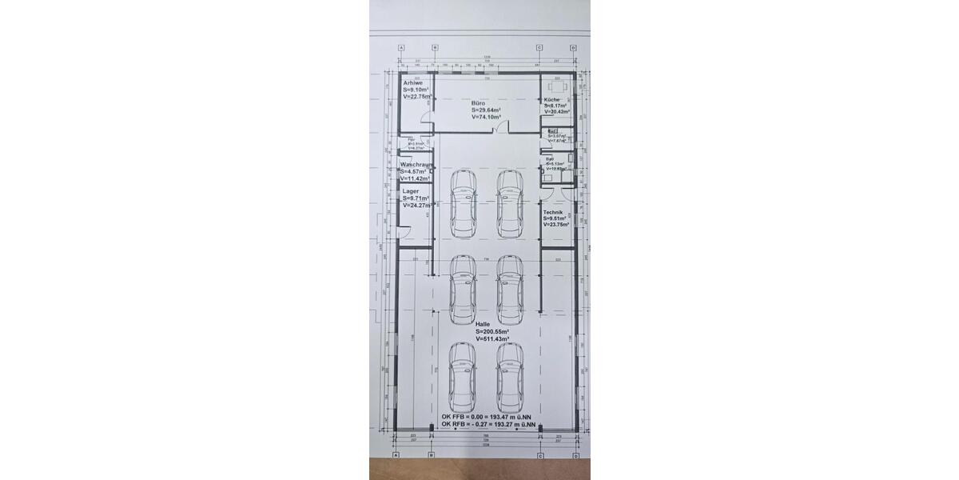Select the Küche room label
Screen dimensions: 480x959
tap(551, 99)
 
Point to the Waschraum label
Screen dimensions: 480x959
tap(416, 165)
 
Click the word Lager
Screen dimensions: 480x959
tap(410, 192)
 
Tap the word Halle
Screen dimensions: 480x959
tap(483, 324)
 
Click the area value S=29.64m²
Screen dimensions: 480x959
tap(486, 110)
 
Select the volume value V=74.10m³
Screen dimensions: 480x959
tap(486, 117)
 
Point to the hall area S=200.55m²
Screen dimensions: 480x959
tap(492, 331)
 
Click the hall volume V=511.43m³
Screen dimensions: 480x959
tap(492, 338)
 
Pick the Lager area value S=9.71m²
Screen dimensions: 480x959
tap(416, 198)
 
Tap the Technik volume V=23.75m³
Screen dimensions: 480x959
tap(556, 224)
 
